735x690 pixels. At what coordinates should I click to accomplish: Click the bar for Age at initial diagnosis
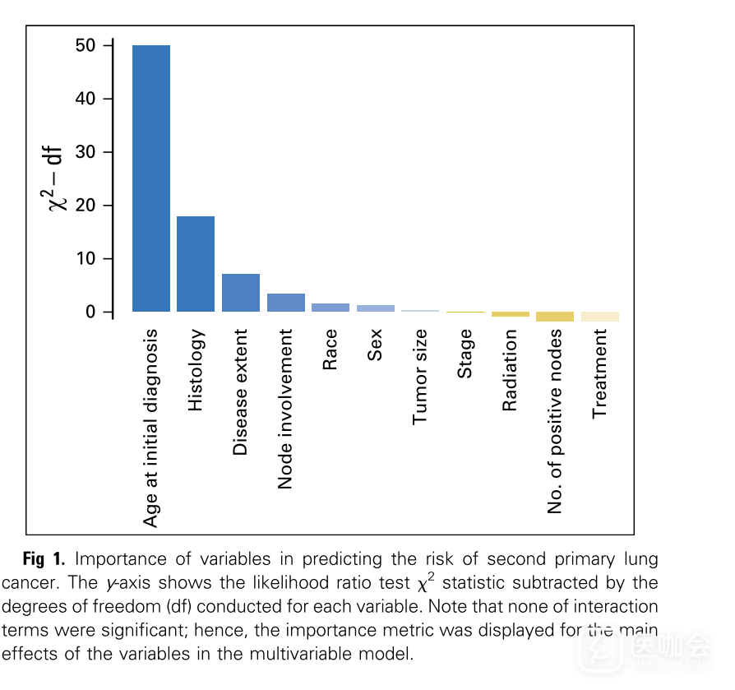(x=151, y=178)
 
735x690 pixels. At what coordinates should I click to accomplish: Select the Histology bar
(x=196, y=263)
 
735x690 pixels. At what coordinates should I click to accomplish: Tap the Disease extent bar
(x=241, y=293)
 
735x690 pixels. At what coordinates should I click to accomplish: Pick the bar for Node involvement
(x=285, y=303)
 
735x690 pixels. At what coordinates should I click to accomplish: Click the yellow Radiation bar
(x=510, y=314)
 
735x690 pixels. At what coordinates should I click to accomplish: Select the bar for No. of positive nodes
(x=555, y=317)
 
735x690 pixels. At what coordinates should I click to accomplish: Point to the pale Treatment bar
(x=599, y=317)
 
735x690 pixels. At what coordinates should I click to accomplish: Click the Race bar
(x=331, y=308)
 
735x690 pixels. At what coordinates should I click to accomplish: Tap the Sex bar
(x=375, y=308)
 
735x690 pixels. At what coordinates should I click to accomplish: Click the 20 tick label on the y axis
(x=86, y=205)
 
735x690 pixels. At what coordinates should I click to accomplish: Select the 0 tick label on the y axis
(x=90, y=312)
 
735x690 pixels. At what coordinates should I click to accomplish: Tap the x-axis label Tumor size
(x=420, y=377)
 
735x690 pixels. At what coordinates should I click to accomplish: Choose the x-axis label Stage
(x=465, y=354)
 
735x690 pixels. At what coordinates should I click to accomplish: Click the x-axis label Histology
(x=196, y=371)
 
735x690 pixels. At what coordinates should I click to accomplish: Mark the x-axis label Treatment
(x=599, y=373)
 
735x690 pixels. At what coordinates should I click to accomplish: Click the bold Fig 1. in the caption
(x=44, y=560)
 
